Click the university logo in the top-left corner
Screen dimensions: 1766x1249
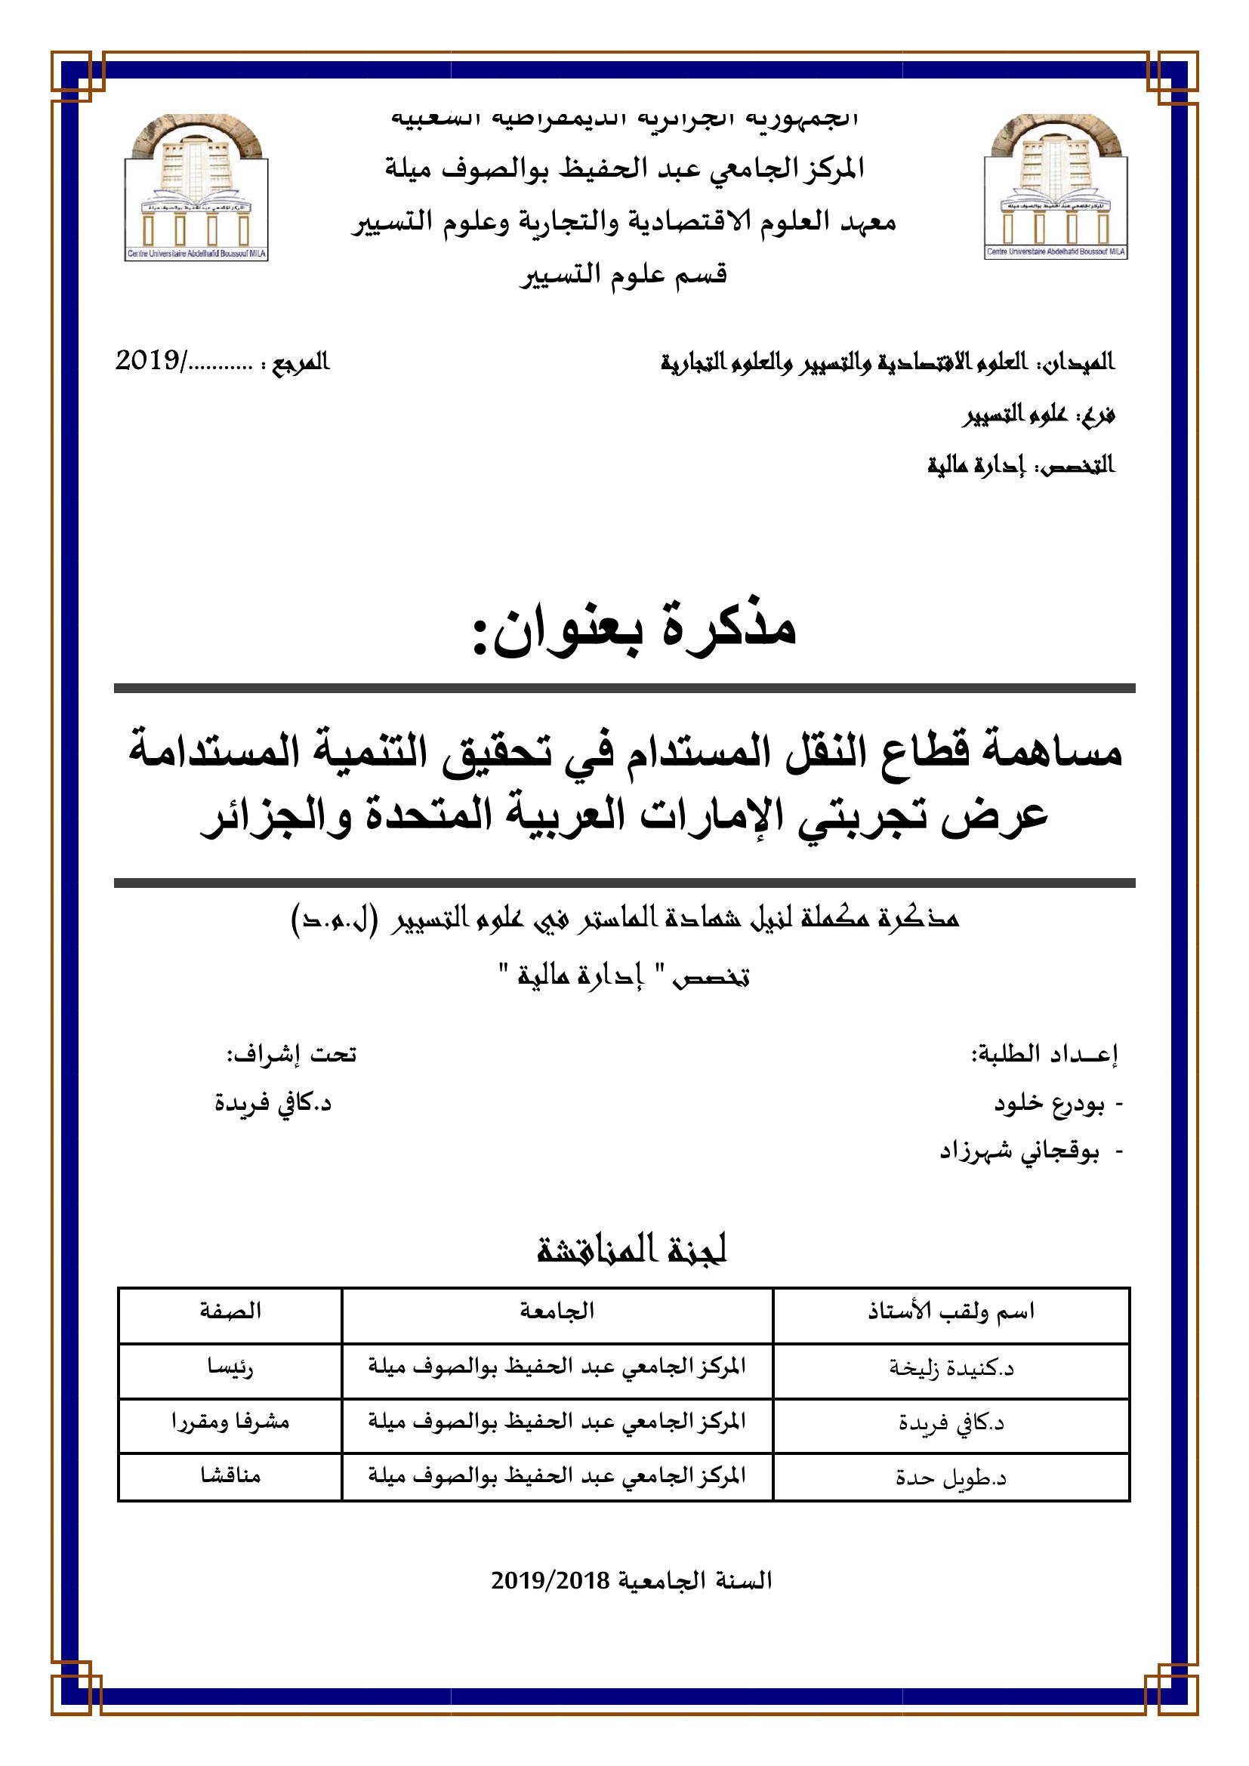click(x=196, y=188)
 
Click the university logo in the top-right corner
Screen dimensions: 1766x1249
click(x=1056, y=188)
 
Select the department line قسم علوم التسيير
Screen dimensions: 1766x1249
click(x=624, y=275)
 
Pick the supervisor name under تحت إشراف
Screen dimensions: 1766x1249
click(x=273, y=1104)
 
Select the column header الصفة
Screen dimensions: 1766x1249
click(x=231, y=1311)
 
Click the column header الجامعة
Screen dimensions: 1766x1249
click(x=557, y=1311)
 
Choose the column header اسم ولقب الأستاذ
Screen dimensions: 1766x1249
click(x=951, y=1311)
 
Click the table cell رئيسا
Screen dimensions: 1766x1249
click(x=231, y=1367)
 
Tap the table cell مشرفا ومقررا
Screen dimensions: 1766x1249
click(x=231, y=1422)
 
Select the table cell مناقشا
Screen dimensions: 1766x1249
click(x=231, y=1475)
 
